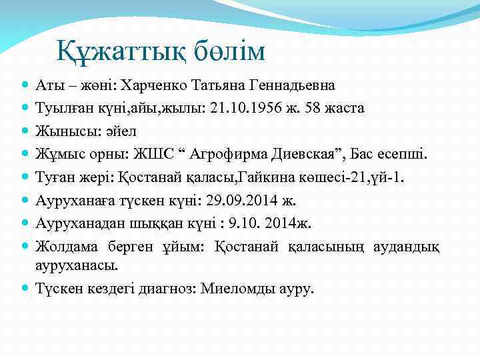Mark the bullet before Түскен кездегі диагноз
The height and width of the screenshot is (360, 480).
[25, 289]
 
